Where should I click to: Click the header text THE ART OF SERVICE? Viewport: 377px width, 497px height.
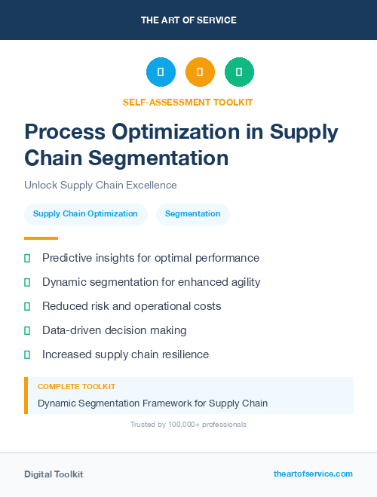pyautogui.click(x=188, y=20)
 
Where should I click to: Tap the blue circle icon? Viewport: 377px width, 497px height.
pyautogui.click(x=161, y=72)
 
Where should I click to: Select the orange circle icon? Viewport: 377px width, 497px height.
pyautogui.click(x=200, y=72)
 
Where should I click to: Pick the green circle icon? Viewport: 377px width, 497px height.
pyautogui.click(x=239, y=72)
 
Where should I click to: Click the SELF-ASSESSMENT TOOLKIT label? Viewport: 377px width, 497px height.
pyautogui.click(x=188, y=102)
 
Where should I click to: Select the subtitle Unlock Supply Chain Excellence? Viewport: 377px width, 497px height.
pyautogui.click(x=100, y=186)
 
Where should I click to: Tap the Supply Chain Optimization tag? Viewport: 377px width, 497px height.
pyautogui.click(x=85, y=214)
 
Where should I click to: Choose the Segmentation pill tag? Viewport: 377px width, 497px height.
pyautogui.click(x=192, y=214)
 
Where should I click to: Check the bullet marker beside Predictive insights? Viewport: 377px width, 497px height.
pyautogui.click(x=27, y=258)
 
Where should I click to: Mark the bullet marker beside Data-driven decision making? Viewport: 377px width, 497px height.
pyautogui.click(x=27, y=330)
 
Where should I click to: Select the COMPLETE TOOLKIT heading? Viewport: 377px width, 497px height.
pyautogui.click(x=76, y=386)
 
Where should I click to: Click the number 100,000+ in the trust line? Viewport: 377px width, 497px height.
pyautogui.click(x=175, y=425)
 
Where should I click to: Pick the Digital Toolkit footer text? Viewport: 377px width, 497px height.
pyautogui.click(x=54, y=474)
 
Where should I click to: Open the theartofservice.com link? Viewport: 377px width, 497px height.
pyautogui.click(x=313, y=474)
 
